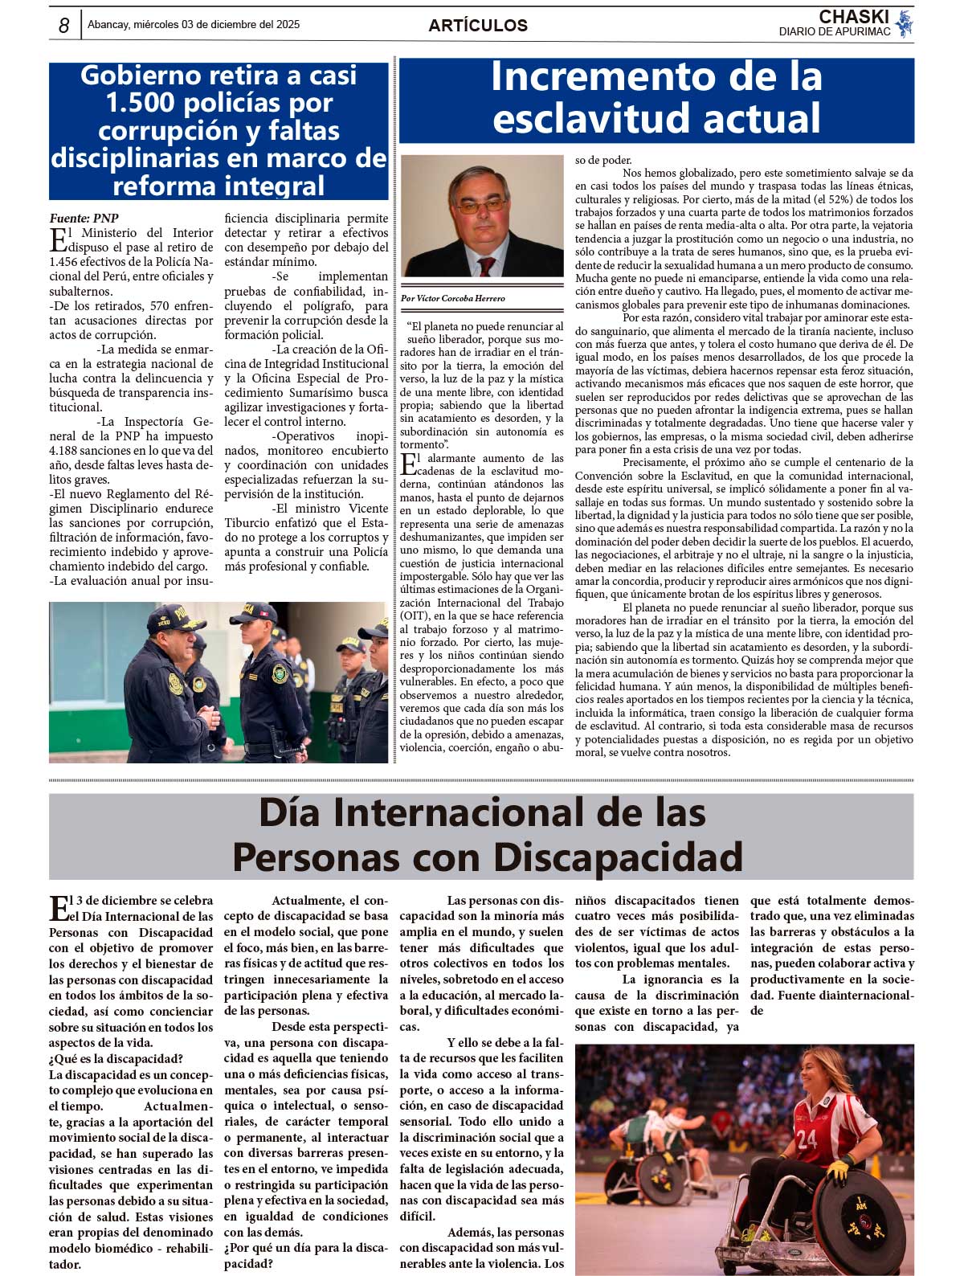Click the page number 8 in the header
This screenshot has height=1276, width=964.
(63, 26)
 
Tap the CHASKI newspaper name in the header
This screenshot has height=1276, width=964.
(853, 17)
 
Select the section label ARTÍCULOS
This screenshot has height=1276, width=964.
(478, 26)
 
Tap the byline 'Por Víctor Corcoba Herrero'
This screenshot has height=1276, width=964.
(453, 298)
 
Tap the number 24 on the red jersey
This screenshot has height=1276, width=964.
(807, 1138)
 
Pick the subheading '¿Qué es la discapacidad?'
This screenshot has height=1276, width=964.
(116, 1058)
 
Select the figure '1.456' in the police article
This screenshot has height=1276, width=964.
(65, 261)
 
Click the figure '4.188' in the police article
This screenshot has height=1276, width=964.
(65, 450)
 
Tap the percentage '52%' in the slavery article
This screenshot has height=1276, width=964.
(835, 199)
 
